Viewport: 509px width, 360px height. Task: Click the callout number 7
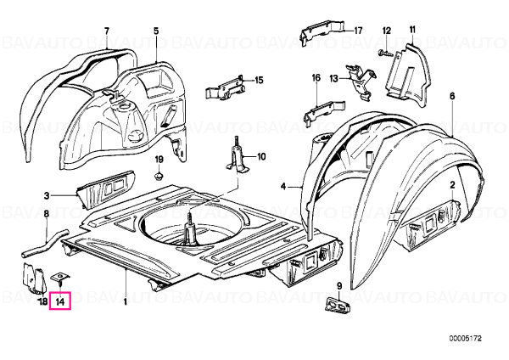coord(107,31)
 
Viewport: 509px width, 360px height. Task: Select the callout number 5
coord(156,31)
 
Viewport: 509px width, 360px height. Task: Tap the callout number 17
coord(358,31)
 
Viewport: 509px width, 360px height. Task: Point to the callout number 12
coord(387,31)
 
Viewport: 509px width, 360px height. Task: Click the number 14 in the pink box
coord(60,302)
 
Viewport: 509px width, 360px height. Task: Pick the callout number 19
coord(159,160)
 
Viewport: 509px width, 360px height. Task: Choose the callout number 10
coord(261,157)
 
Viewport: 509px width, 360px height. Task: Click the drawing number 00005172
coord(466,339)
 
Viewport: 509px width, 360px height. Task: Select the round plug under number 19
coord(158,177)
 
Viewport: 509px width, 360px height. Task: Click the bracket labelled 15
coord(225,89)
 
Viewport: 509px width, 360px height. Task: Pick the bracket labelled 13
coord(362,82)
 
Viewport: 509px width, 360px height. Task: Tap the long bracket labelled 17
coord(322,32)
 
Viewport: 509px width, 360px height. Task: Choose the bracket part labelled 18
coord(33,278)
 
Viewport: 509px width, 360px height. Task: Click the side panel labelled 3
coord(104,189)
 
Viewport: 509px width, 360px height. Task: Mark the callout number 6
coord(452,97)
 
